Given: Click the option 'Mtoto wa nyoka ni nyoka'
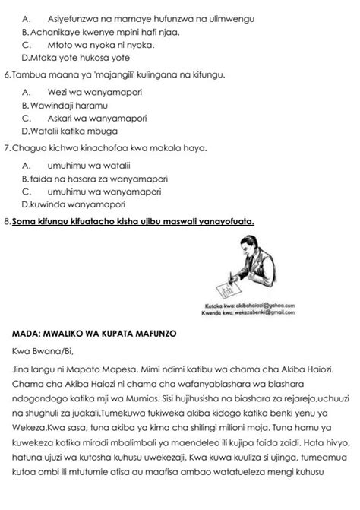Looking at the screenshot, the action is click(95, 45).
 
